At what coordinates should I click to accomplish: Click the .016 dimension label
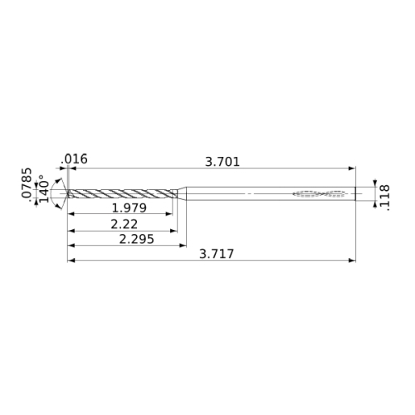(74, 159)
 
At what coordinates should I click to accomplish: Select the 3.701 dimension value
(222, 162)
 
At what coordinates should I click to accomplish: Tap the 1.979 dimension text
(129, 208)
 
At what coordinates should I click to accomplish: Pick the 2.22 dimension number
(124, 224)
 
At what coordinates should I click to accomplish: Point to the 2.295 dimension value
(136, 239)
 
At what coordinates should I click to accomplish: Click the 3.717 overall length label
(217, 254)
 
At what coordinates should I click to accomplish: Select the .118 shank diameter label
(384, 198)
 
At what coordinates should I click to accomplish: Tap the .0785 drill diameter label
(27, 183)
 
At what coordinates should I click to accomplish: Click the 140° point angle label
(44, 188)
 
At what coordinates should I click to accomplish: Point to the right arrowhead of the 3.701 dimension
(352, 168)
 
